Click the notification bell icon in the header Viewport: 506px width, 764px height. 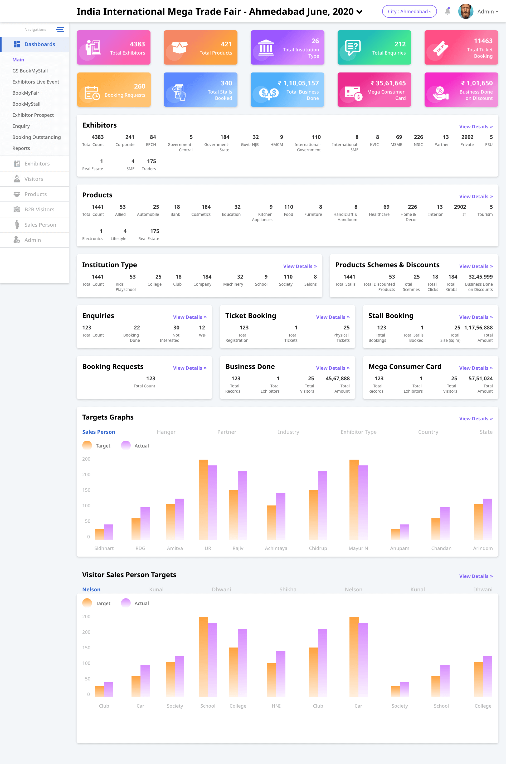pos(447,11)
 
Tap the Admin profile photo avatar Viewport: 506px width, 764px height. pos(465,11)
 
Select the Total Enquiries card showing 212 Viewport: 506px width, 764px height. pos(374,47)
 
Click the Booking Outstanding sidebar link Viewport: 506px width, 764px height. pos(36,137)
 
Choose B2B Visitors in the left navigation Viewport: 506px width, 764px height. pos(39,210)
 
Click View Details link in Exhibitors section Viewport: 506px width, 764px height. pos(476,126)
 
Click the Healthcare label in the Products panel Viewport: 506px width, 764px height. pos(379,215)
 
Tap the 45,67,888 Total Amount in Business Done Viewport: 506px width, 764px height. pos(337,378)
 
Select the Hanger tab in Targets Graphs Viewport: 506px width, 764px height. pos(166,432)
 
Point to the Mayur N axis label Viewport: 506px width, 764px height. pos(358,548)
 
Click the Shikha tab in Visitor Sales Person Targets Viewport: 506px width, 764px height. pos(288,590)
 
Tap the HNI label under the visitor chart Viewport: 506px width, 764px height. pos(276,706)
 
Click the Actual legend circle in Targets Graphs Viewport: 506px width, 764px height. pos(125,446)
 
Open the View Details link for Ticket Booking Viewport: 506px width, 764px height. pos(332,317)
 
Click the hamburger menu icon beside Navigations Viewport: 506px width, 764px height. pos(60,29)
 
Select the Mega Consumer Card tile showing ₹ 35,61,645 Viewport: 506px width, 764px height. pos(374,90)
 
